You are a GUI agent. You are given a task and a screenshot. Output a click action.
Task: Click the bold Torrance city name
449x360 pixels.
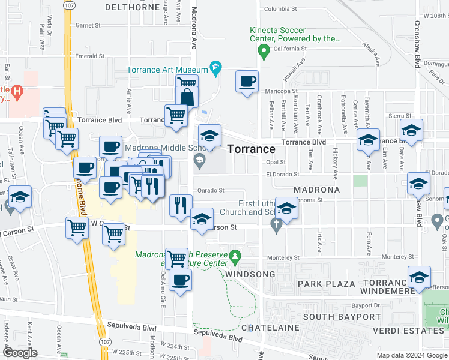(252, 149)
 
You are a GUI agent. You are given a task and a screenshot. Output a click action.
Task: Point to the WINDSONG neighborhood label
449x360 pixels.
(250, 274)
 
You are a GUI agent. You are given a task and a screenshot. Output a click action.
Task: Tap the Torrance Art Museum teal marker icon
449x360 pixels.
(215, 69)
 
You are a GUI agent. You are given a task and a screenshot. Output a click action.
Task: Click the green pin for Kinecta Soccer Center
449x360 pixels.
(263, 53)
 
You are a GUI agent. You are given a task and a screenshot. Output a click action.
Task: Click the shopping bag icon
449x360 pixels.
(187, 96)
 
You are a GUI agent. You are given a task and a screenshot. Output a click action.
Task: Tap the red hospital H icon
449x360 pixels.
(17, 91)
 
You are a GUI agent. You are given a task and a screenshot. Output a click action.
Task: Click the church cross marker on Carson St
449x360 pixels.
(276, 226)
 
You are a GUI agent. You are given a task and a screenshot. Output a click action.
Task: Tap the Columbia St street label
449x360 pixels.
(281, 9)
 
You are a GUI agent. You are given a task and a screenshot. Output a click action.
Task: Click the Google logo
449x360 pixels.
(20, 353)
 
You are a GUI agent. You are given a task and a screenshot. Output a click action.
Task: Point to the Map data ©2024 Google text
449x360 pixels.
(411, 355)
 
